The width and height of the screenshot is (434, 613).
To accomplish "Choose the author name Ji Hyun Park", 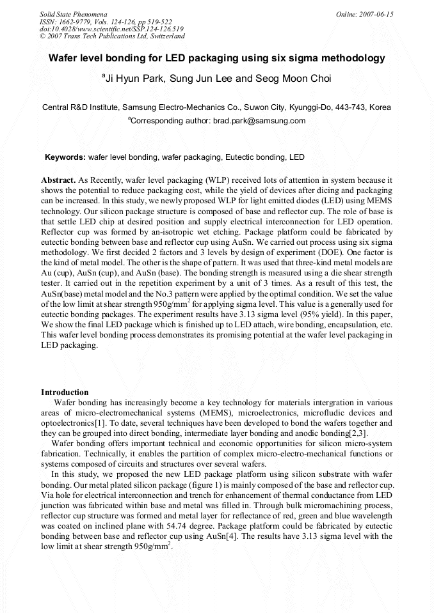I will (x=131, y=79).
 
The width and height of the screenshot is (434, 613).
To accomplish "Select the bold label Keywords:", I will (x=65, y=157).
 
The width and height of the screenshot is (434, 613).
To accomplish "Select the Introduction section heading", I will (x=65, y=392).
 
